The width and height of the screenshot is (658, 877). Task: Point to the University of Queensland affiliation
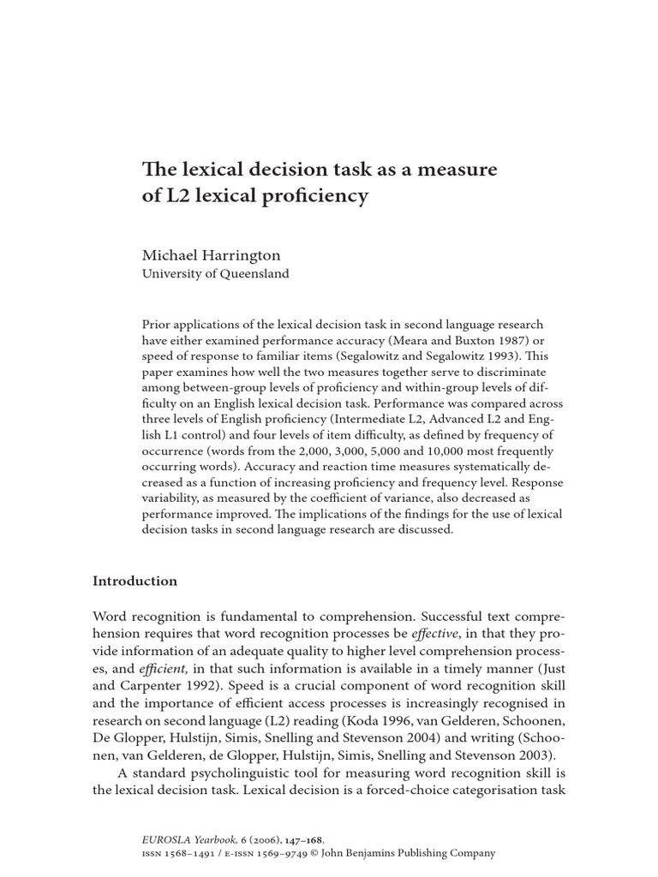pyautogui.click(x=215, y=274)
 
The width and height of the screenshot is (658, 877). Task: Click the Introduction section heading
pyautogui.click(x=135, y=581)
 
